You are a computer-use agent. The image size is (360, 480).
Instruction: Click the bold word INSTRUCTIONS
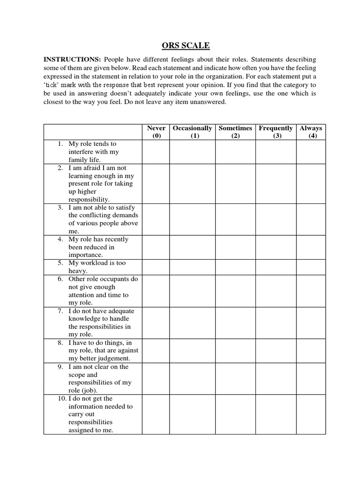pyautogui.click(x=72, y=60)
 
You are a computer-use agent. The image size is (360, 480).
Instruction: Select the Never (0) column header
pyautogui.click(x=156, y=132)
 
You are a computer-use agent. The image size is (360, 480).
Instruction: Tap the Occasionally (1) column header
pyautogui.click(x=193, y=132)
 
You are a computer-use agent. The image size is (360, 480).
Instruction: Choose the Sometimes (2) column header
pyautogui.click(x=235, y=132)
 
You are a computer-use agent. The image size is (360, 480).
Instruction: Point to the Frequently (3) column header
pyautogui.click(x=276, y=132)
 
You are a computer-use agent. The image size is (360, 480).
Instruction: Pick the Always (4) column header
pyautogui.click(x=311, y=132)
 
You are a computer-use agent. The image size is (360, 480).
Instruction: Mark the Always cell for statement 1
pyautogui.click(x=311, y=152)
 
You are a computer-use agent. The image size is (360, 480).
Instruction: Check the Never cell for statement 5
pyautogui.click(x=156, y=267)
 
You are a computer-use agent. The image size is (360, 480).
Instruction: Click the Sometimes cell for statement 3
pyautogui.click(x=235, y=219)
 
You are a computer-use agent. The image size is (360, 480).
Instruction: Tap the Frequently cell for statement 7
pyautogui.click(x=276, y=322)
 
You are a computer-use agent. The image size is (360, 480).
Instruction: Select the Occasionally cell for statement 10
pyautogui.click(x=193, y=414)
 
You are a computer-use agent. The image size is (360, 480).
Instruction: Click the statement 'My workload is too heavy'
pyautogui.click(x=97, y=267)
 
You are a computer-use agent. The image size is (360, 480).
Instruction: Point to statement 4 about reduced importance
pyautogui.click(x=98, y=247)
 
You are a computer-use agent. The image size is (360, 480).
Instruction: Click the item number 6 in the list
pyautogui.click(x=60, y=279)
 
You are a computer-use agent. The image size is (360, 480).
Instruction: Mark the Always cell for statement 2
pyautogui.click(x=311, y=183)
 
